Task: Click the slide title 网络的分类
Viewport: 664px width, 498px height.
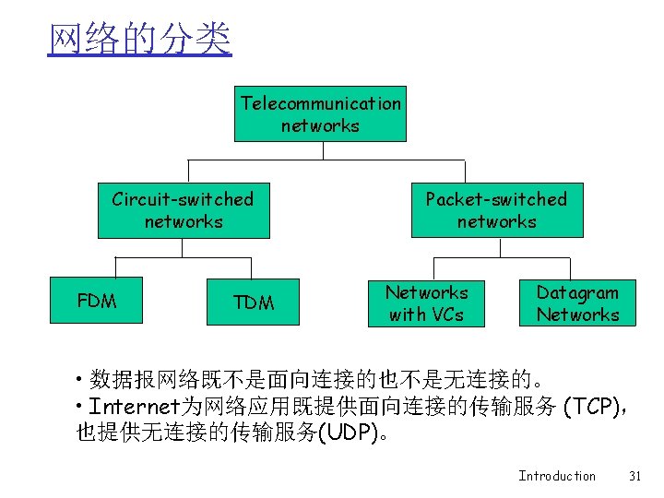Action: click(140, 40)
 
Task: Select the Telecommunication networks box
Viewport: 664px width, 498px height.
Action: click(320, 114)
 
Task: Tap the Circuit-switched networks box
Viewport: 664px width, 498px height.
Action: click(184, 210)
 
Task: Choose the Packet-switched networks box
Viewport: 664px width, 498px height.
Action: click(496, 210)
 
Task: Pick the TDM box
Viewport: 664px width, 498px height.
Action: click(254, 302)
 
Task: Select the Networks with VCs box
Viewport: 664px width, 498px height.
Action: click(427, 303)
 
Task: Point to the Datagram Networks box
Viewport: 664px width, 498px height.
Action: click(577, 303)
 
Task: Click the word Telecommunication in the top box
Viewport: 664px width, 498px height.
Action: click(321, 103)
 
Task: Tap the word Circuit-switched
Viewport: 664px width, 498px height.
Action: click(183, 199)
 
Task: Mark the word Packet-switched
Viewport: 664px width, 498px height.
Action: click(496, 199)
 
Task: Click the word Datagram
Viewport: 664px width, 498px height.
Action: click(577, 292)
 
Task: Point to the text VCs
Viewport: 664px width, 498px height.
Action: click(446, 314)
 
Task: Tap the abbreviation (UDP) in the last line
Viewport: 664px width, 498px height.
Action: click(352, 432)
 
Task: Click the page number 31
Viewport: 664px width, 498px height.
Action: click(634, 476)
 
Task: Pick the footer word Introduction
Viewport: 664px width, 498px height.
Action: click(557, 476)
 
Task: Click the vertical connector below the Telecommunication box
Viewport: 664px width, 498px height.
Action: click(320, 151)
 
